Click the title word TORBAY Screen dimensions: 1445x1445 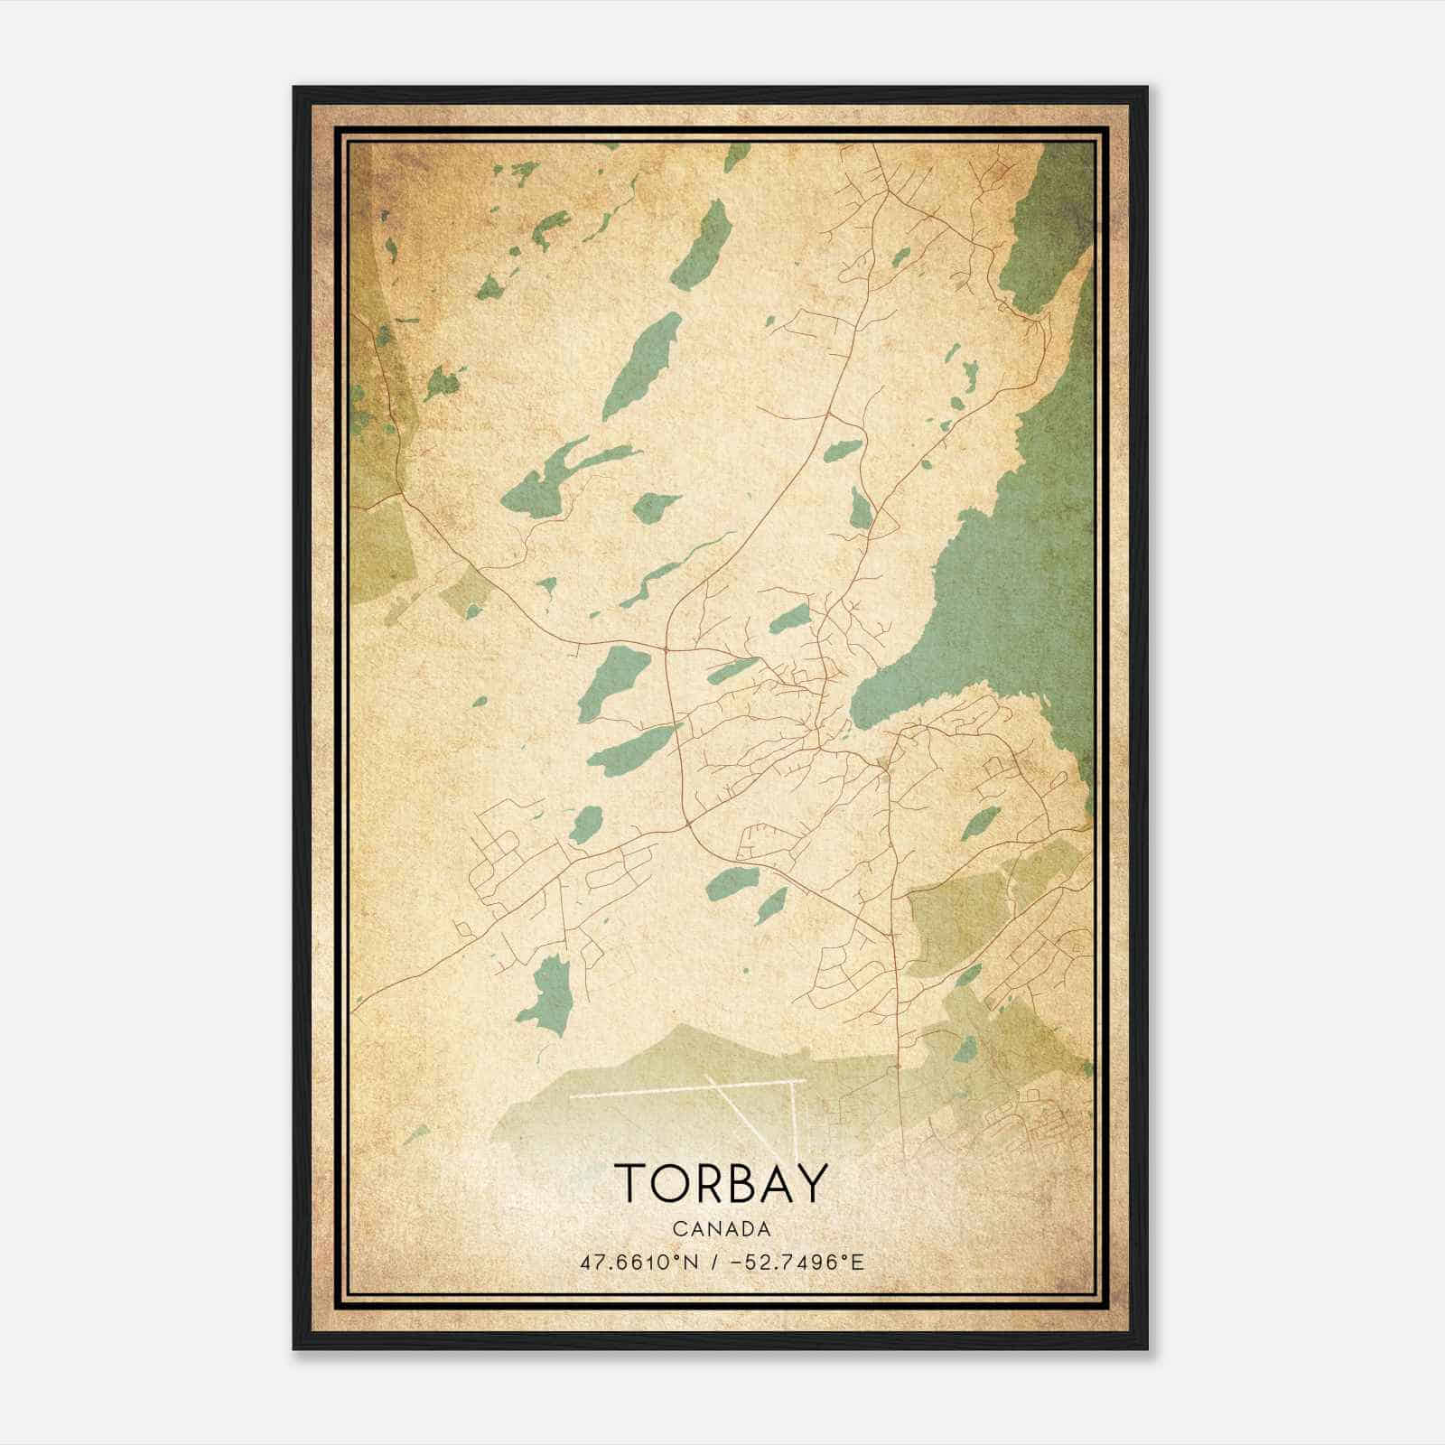721,1184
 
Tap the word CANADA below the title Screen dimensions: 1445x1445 721,1229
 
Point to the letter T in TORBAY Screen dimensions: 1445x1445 629,1184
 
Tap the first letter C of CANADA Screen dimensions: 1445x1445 677,1229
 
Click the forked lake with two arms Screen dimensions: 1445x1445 551,479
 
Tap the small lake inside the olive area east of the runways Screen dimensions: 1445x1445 965,1049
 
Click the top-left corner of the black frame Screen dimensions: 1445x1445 294,88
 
